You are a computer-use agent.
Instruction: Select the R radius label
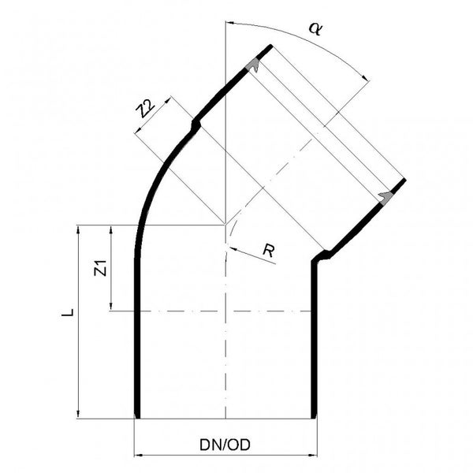click(x=268, y=251)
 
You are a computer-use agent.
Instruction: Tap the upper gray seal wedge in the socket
click(x=255, y=65)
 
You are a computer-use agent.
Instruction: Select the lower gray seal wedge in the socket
click(x=385, y=196)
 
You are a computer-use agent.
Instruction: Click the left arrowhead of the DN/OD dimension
click(x=139, y=455)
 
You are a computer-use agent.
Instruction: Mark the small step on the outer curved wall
click(x=195, y=124)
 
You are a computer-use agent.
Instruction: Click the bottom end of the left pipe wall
click(x=137, y=415)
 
